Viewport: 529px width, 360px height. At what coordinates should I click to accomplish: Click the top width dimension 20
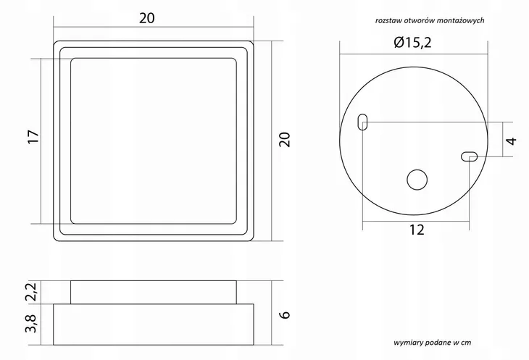click(147, 18)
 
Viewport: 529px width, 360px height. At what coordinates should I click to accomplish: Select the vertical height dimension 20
click(285, 140)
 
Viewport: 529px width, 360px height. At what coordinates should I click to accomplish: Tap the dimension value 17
click(33, 136)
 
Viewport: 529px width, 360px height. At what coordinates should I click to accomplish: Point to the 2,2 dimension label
click(30, 292)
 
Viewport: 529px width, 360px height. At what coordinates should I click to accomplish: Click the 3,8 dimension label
click(30, 323)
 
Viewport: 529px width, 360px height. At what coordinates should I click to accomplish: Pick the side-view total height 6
click(285, 314)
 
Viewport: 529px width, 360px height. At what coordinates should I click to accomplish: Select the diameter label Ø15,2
click(412, 43)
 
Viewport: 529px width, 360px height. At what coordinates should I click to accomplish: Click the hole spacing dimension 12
click(417, 230)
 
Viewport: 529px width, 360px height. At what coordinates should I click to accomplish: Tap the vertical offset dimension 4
click(512, 141)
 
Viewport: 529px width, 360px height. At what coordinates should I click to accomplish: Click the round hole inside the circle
click(417, 180)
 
